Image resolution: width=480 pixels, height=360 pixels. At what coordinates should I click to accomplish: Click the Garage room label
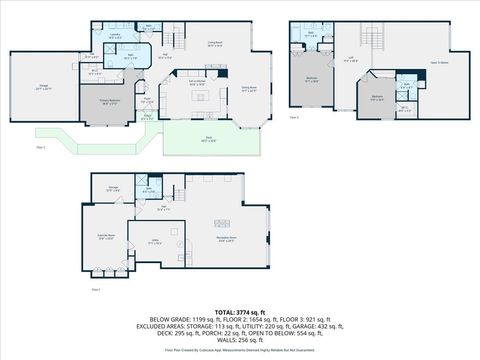(44, 87)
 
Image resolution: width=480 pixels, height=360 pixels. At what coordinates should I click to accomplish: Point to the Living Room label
(214, 43)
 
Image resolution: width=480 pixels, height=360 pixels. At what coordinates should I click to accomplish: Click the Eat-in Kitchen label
(197, 84)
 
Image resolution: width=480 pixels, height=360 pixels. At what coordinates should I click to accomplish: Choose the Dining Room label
(250, 89)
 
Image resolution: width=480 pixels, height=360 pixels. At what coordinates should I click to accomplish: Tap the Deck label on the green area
(208, 140)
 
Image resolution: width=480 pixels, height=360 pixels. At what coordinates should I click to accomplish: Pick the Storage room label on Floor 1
(114, 186)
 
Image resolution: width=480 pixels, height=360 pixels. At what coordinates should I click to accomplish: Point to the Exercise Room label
(105, 237)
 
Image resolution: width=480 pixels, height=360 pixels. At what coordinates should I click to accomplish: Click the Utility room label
(155, 241)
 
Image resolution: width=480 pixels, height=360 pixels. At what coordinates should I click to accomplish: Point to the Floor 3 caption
(294, 117)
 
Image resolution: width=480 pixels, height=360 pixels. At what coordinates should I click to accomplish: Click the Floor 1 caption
(96, 290)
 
